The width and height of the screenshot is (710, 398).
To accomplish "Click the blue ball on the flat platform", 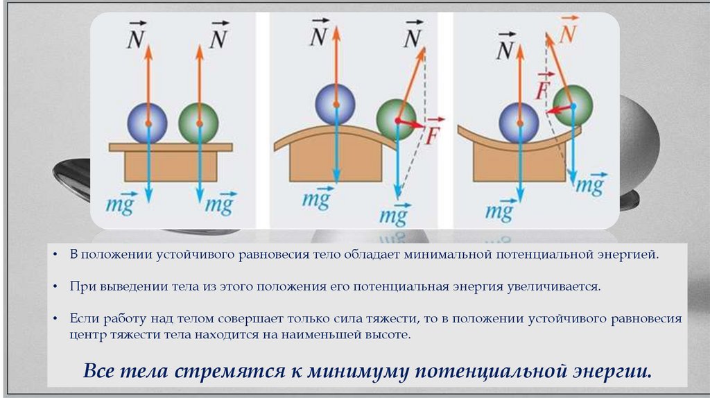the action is click(x=147, y=123).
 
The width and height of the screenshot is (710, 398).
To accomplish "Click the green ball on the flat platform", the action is click(x=198, y=123).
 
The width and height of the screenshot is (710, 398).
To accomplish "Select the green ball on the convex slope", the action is click(x=396, y=119).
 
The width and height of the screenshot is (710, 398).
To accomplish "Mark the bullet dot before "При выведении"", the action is click(x=56, y=286).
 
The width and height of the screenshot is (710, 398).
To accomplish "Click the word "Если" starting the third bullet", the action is click(x=83, y=318).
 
